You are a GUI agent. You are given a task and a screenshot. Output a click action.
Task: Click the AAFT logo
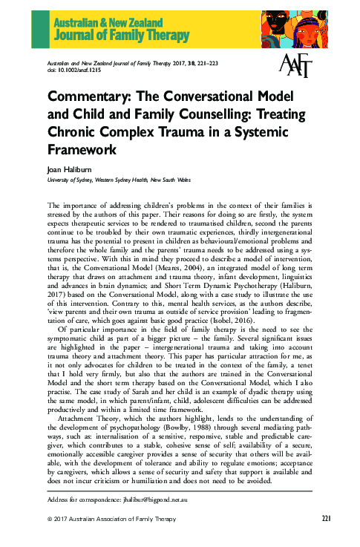tap(296, 68)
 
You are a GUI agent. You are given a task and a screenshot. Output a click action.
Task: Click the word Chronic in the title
tap(78, 131)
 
